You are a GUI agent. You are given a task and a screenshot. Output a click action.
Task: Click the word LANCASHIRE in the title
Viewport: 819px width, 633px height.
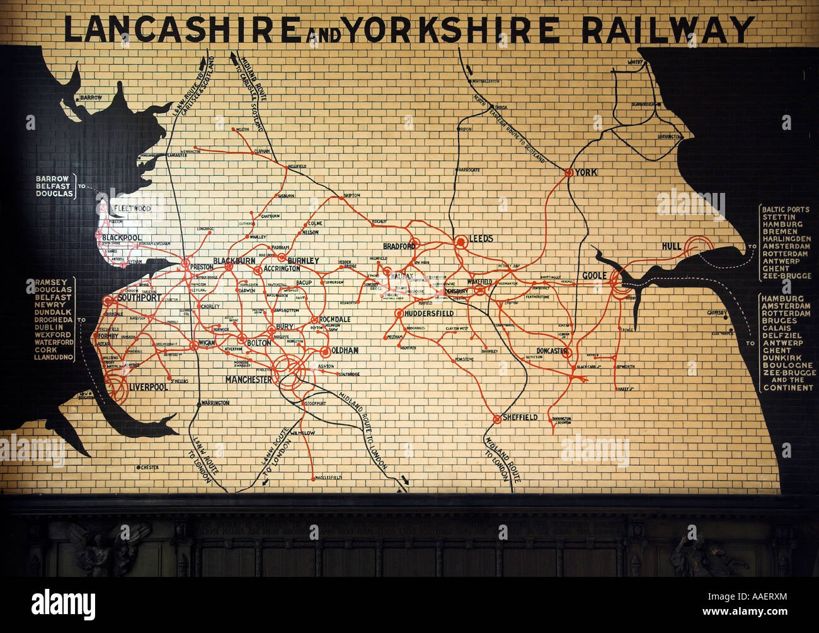click(182, 29)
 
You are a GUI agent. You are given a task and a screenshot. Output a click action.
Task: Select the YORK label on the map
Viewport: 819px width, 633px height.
click(586, 172)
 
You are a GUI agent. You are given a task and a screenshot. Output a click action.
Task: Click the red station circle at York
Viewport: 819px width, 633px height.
click(568, 172)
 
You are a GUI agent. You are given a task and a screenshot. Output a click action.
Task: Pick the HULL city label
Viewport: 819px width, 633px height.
click(673, 246)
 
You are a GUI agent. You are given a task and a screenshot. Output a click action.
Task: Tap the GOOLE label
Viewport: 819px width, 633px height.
click(594, 276)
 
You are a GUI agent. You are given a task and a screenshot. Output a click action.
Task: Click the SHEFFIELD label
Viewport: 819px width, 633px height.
click(520, 417)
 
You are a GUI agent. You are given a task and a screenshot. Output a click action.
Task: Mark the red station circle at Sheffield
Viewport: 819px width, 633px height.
click(497, 418)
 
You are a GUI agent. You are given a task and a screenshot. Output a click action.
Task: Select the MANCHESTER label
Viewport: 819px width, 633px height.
click(249, 380)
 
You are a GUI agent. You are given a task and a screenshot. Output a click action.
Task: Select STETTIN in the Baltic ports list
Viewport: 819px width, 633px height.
click(779, 217)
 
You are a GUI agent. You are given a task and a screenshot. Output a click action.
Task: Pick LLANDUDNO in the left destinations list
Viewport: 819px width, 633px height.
click(54, 357)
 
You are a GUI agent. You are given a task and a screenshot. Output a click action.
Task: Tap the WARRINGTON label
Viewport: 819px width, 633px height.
click(215, 402)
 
